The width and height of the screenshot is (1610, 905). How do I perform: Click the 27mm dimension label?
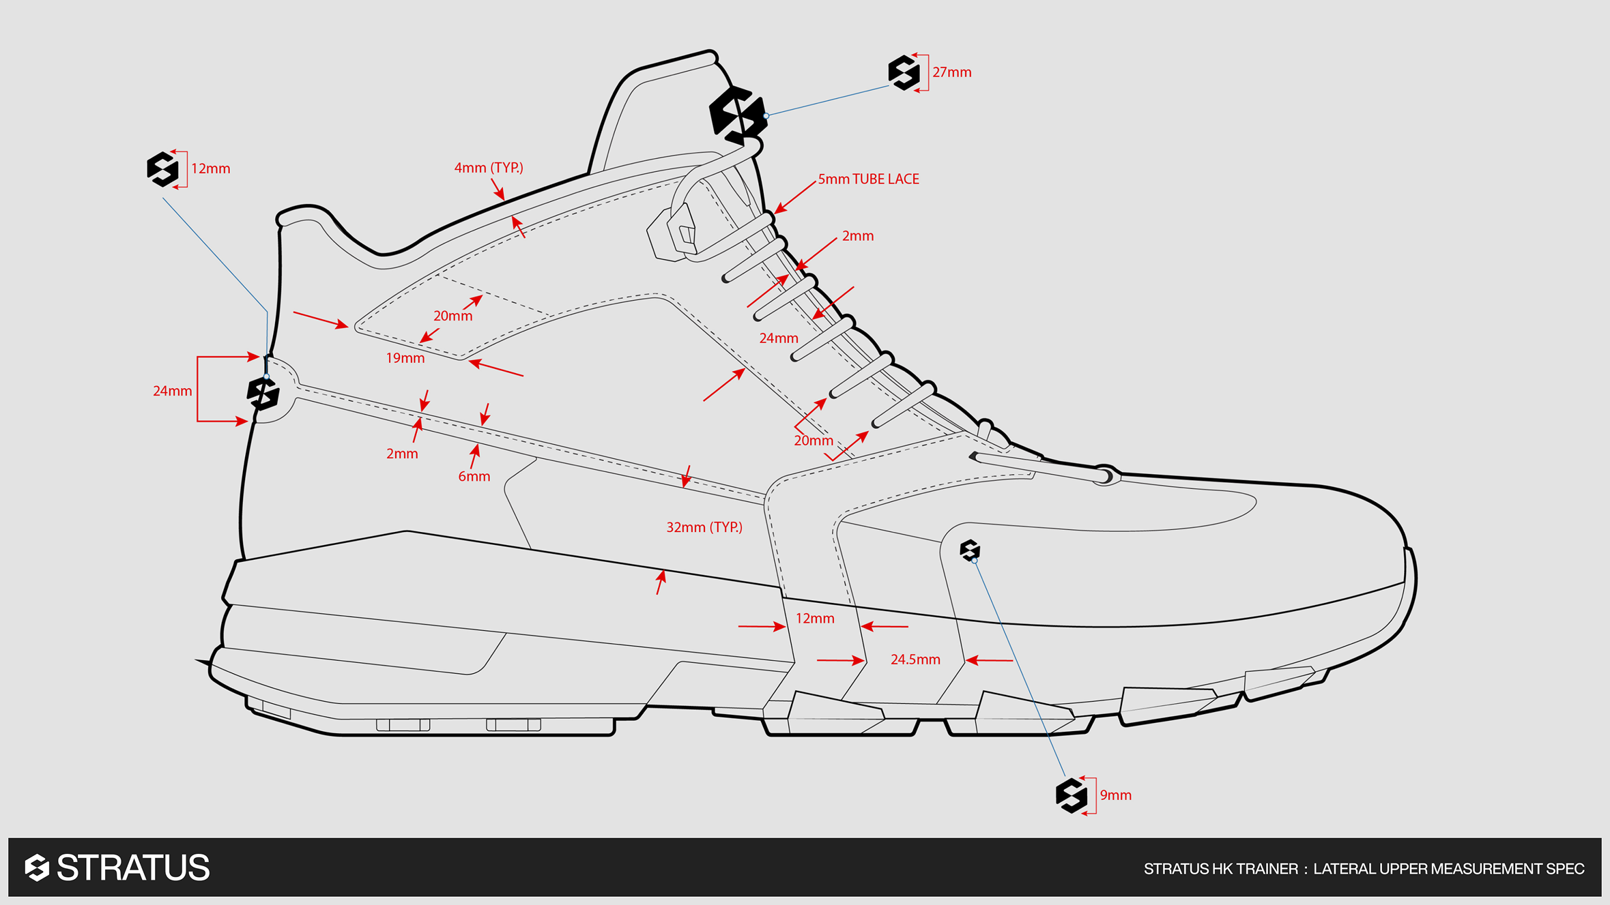[x=951, y=72]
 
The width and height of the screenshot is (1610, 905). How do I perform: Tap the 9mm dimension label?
[x=1115, y=795]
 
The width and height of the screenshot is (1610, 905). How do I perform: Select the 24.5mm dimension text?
[x=915, y=659]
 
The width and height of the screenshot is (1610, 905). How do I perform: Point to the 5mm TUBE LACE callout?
[x=868, y=179]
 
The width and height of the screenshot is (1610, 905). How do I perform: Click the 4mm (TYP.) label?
[x=489, y=168]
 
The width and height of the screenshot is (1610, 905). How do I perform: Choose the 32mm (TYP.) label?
[x=704, y=527]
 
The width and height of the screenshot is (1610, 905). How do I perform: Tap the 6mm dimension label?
[x=474, y=477]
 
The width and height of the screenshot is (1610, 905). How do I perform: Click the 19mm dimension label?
[x=405, y=358]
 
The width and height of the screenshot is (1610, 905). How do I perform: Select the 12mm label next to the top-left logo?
[x=210, y=168]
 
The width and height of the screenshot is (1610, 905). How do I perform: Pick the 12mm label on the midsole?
[x=815, y=619]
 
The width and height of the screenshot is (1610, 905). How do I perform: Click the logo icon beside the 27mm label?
[x=904, y=72]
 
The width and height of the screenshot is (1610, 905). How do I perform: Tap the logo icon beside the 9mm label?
[x=1071, y=795]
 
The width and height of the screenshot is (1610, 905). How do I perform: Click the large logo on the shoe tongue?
[x=736, y=115]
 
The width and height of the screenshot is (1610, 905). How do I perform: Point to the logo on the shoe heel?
[x=263, y=393]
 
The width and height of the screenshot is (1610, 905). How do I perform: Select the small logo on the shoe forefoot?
[x=970, y=550]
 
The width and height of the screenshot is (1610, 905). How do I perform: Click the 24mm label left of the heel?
[x=172, y=391]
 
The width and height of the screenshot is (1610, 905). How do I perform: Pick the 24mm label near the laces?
[x=778, y=338]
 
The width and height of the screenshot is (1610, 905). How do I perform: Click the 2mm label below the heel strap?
[x=401, y=454]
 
